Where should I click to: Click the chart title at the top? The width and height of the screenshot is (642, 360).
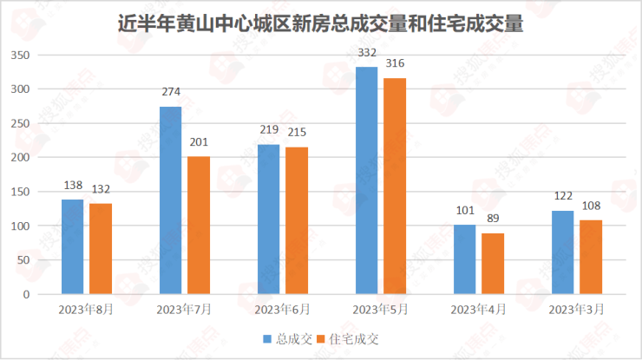(x=320, y=23)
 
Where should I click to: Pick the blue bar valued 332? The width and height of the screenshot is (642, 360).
(x=367, y=180)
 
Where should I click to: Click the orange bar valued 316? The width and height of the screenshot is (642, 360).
(x=395, y=187)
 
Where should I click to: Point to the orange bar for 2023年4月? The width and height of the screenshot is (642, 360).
(x=493, y=264)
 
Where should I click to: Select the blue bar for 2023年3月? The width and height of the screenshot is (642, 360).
(x=563, y=252)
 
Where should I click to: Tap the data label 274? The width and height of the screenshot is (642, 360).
(x=171, y=92)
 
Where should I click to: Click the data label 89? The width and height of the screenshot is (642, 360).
(x=493, y=219)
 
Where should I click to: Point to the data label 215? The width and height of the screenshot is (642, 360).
(x=297, y=133)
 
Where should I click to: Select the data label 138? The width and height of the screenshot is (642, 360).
(x=73, y=186)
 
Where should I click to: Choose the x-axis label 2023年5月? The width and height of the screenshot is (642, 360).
(x=381, y=309)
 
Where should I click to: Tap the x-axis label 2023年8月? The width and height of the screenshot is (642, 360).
(x=87, y=309)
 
